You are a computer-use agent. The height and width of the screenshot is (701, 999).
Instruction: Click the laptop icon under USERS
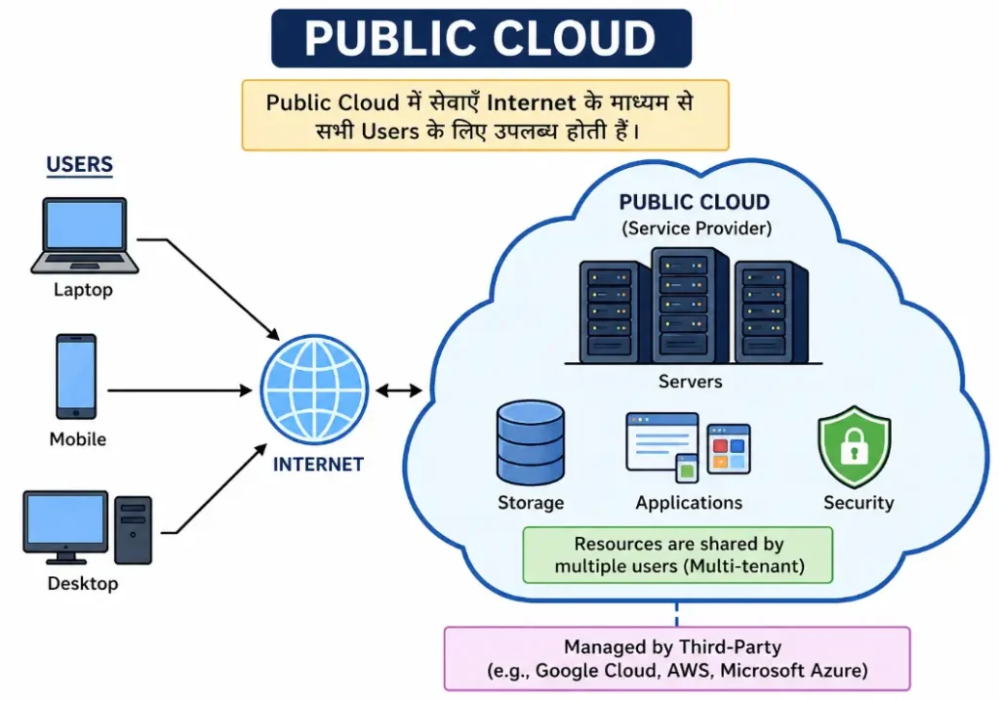pyautogui.click(x=84, y=235)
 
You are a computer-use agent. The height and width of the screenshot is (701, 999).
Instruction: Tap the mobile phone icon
pyautogui.click(x=76, y=377)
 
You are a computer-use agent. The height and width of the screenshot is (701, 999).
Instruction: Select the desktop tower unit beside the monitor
pyautogui.click(x=133, y=530)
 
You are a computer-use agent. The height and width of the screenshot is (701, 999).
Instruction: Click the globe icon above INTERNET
pyautogui.click(x=314, y=390)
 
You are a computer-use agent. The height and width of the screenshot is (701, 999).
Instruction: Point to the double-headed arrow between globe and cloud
pyautogui.click(x=399, y=391)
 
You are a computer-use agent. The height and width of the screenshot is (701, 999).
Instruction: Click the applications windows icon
pyautogui.click(x=687, y=447)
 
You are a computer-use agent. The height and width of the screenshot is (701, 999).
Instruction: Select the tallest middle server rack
pyautogui.click(x=689, y=305)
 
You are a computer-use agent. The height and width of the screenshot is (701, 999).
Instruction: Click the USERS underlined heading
pyautogui.click(x=80, y=165)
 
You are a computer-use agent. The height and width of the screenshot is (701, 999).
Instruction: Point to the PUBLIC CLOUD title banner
pyautogui.click(x=480, y=39)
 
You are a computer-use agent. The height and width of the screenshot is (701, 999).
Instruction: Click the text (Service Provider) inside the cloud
pyautogui.click(x=695, y=228)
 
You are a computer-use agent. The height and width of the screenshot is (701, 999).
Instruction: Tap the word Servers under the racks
pyautogui.click(x=691, y=382)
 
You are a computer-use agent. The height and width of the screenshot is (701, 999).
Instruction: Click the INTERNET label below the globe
pyautogui.click(x=318, y=465)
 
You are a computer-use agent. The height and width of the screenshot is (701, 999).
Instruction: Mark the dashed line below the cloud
pyautogui.click(x=677, y=613)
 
